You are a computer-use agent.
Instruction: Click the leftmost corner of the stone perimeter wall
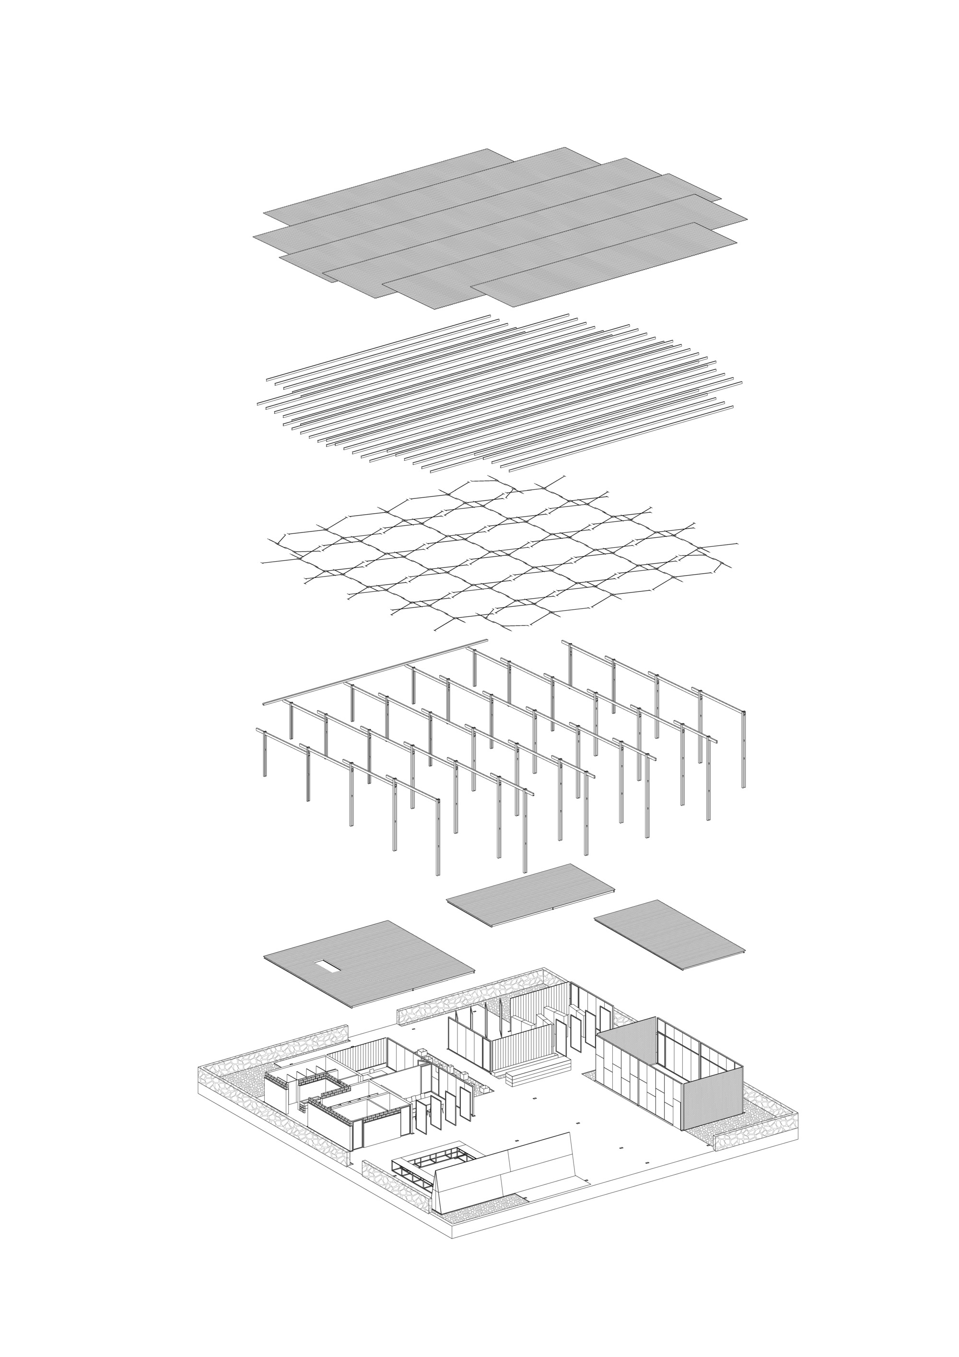pyautogui.click(x=199, y=1073)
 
